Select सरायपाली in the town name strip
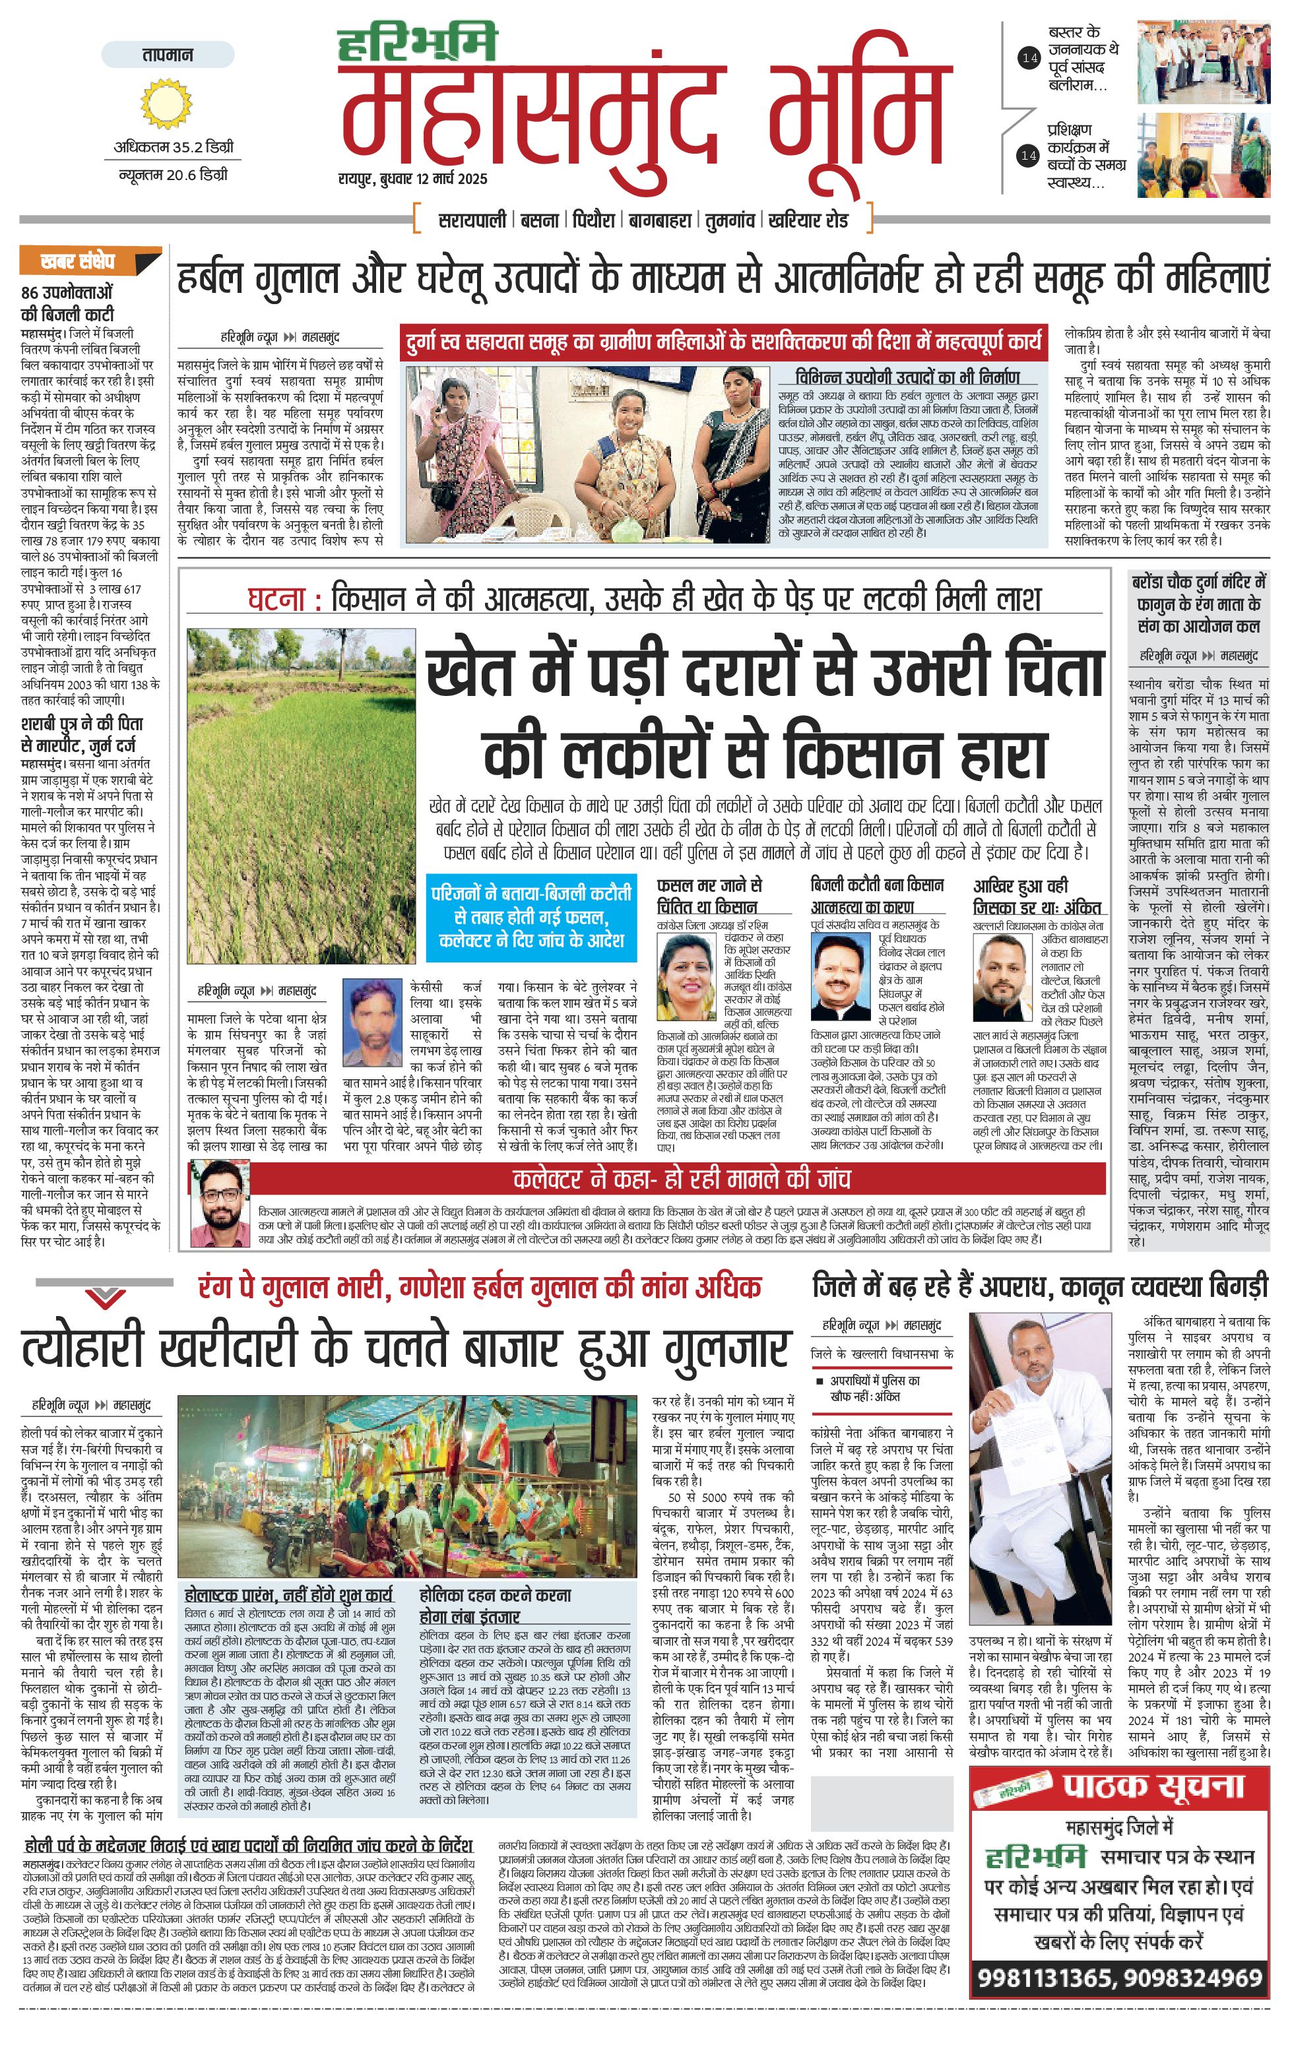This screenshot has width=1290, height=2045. tap(472, 220)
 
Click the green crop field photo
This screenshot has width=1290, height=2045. tap(302, 796)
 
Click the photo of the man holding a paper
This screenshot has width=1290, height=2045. tap(1041, 1469)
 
